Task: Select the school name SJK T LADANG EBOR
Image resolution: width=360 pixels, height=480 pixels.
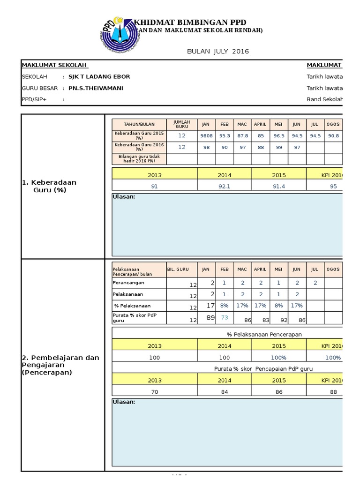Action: [x=99, y=77]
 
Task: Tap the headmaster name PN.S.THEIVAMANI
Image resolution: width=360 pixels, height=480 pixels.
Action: [x=96, y=88]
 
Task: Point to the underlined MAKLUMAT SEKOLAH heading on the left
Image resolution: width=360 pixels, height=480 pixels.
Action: [x=55, y=65]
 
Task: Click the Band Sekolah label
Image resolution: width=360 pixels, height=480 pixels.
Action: [x=324, y=99]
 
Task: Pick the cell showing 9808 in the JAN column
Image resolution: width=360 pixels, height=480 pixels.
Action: [x=206, y=135]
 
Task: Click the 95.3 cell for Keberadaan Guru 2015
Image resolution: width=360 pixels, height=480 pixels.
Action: [x=225, y=135]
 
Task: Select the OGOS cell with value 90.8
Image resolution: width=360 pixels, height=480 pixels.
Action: [x=333, y=135]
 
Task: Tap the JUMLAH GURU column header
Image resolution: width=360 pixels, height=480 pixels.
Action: [x=181, y=124]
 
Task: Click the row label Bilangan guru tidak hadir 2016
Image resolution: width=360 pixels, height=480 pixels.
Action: [x=139, y=158]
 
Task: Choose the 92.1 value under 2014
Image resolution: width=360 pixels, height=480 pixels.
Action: [x=225, y=186]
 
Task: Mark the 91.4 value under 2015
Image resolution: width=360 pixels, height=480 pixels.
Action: [x=279, y=186]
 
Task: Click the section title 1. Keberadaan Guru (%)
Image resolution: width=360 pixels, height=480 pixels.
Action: [x=49, y=186]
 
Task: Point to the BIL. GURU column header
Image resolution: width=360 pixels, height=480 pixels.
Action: [x=178, y=270]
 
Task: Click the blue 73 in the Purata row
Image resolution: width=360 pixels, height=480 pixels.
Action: [x=225, y=318]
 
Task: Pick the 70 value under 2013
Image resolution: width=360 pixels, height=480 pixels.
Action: [x=154, y=392]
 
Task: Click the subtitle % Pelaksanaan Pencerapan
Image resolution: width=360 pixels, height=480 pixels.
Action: [x=264, y=334]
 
